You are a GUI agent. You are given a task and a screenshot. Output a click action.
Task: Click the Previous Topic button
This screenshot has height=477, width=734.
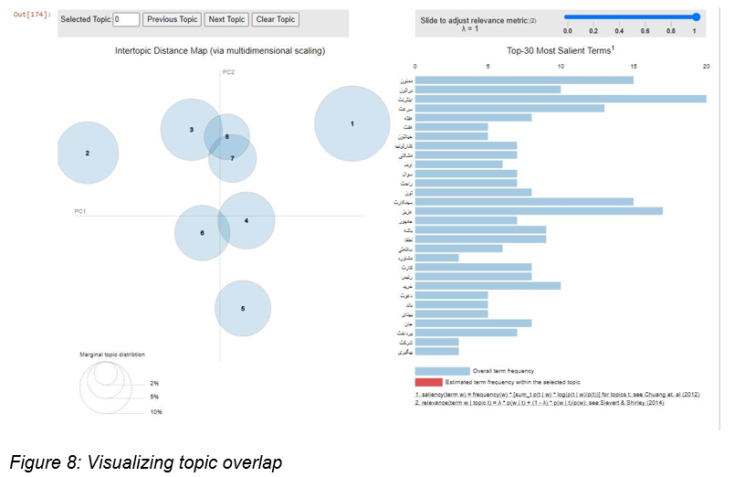(x=172, y=19)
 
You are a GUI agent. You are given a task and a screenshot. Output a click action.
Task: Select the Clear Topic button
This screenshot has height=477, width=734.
(x=276, y=19)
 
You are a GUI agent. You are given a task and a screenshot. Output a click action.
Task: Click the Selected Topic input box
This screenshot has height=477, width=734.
(x=127, y=19)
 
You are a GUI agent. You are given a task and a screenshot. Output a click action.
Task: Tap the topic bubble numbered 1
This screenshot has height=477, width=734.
(x=352, y=123)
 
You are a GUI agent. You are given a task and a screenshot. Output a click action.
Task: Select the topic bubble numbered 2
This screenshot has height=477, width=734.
(x=88, y=153)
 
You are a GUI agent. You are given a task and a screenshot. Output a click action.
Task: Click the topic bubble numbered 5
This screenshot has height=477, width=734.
(x=243, y=309)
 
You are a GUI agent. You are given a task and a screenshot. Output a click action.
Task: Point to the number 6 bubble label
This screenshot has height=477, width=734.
(x=202, y=233)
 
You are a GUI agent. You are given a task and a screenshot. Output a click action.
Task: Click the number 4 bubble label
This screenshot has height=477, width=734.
(x=246, y=220)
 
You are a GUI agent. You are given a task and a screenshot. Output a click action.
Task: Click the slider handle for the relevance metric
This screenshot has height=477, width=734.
(x=697, y=16)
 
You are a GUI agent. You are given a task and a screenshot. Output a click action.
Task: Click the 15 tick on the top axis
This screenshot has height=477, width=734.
(x=633, y=66)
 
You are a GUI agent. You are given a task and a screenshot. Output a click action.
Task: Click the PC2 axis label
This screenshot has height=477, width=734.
(x=228, y=72)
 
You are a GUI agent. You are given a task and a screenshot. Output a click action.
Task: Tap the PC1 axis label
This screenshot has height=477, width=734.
(x=79, y=211)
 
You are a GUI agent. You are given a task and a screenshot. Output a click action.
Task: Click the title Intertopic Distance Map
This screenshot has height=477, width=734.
(x=219, y=51)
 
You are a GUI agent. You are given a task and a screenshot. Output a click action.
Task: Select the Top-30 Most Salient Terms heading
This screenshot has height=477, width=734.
(x=560, y=50)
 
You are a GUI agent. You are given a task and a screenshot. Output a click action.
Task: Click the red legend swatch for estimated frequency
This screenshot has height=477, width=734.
(x=442, y=381)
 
